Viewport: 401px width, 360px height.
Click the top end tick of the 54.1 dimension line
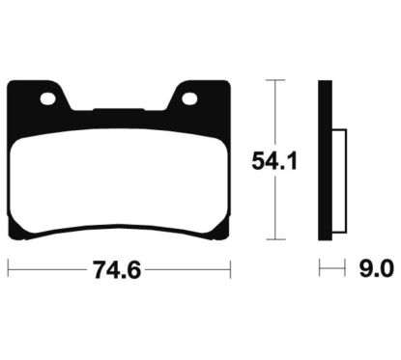tap(277, 81)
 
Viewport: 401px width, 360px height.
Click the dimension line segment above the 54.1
tap(277, 111)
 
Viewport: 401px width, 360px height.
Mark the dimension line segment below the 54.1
tap(277, 208)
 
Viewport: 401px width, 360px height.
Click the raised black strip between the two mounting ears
tap(118, 110)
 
